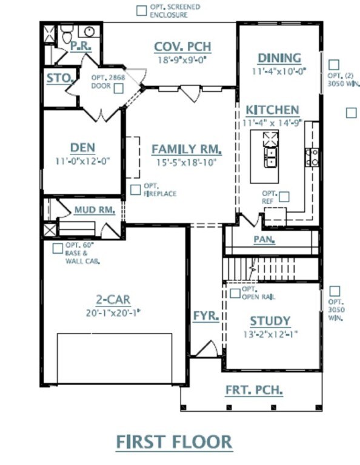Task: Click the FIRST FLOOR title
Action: [174, 441]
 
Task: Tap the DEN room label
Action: [82, 148]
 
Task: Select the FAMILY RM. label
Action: [186, 149]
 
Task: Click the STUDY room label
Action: [270, 321]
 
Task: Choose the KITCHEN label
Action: [272, 110]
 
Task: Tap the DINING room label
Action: [279, 58]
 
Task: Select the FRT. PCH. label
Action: [254, 391]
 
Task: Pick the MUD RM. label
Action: [95, 210]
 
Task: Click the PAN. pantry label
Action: [264, 239]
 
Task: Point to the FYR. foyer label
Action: [206, 316]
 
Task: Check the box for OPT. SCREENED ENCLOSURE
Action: [141, 10]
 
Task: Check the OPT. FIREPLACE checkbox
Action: [135, 190]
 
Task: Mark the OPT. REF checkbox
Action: [284, 197]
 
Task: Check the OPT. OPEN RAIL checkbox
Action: [235, 294]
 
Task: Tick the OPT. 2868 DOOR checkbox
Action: [119, 88]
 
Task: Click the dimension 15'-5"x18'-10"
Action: [185, 162]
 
